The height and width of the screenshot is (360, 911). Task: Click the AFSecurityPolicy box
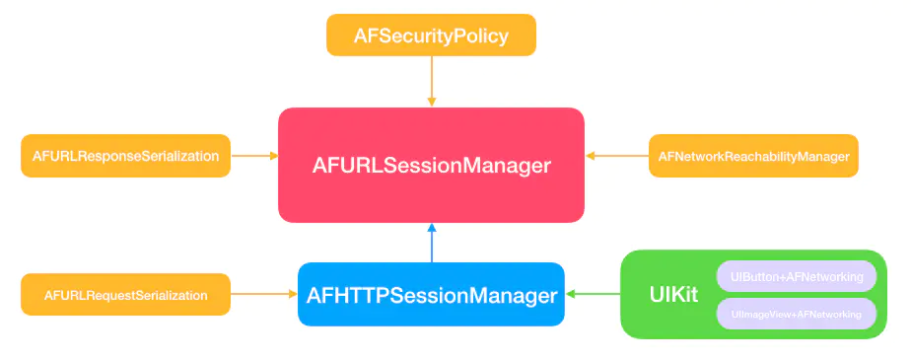[431, 36]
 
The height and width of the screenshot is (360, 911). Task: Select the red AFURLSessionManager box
[431, 165]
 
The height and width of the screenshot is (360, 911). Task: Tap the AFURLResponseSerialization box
[125, 156]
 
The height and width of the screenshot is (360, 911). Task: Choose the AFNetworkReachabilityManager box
[753, 156]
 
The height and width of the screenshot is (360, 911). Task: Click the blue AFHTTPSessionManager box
[431, 294]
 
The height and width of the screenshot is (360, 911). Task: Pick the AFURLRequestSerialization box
[125, 294]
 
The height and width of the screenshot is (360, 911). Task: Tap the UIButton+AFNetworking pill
[797, 276]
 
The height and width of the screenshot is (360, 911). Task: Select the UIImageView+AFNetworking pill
[797, 314]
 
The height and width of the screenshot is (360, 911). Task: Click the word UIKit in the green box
[673, 294]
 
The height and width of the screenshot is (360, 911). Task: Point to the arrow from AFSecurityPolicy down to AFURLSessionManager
[431, 82]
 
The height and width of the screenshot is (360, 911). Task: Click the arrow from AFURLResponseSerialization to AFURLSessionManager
[254, 156]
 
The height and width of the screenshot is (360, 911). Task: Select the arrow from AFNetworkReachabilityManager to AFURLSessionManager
[617, 156]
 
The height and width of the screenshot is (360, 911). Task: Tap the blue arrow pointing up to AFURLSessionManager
[431, 243]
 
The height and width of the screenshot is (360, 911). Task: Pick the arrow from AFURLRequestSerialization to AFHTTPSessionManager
[264, 294]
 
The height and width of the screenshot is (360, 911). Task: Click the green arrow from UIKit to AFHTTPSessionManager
[593, 294]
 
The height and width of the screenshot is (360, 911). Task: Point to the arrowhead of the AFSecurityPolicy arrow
[431, 103]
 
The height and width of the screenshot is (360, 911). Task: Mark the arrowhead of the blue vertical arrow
[431, 228]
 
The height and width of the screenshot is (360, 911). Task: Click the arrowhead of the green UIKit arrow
[570, 294]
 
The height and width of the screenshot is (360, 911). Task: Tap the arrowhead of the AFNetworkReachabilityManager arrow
[590, 156]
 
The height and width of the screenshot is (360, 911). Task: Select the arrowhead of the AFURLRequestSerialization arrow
[294, 294]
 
